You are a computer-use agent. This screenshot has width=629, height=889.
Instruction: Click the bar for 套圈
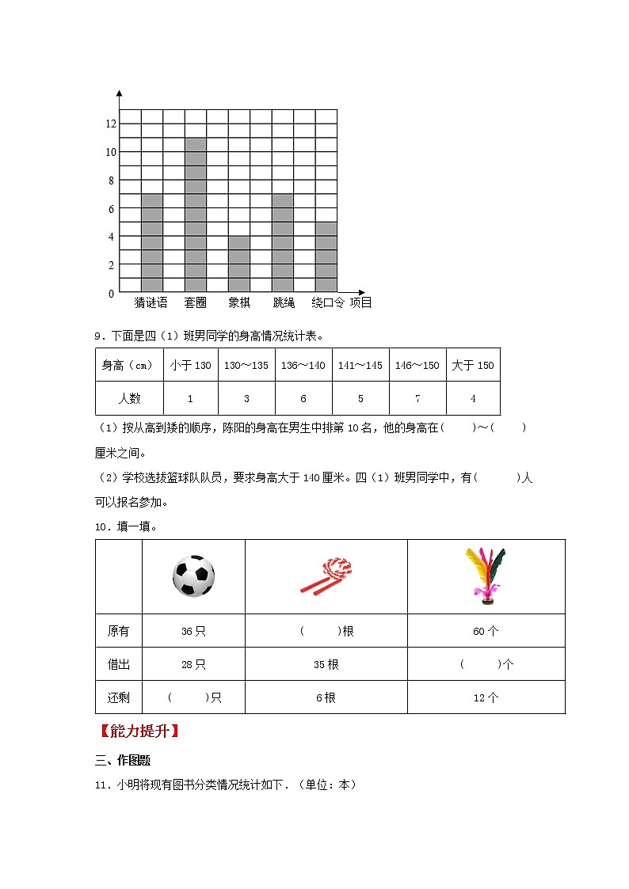196,215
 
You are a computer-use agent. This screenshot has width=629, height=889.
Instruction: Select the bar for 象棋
239,264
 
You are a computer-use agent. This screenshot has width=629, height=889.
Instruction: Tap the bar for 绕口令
326,256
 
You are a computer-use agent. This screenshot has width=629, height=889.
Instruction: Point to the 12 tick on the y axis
111,123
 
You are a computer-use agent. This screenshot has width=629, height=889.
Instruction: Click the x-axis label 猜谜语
151,302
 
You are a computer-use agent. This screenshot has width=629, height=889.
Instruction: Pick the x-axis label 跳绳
284,302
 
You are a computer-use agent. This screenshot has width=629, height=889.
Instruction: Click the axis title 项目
360,302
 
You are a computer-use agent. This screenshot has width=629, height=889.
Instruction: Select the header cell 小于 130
190,365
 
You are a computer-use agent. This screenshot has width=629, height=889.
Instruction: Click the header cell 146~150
417,365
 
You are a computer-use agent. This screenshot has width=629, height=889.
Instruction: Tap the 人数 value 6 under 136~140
303,398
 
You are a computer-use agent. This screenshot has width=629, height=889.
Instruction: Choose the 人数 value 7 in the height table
417,398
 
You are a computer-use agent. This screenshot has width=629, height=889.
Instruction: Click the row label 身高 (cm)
129,365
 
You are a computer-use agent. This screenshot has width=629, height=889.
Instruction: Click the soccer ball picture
193,576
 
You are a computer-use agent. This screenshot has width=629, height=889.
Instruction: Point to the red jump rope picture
326,576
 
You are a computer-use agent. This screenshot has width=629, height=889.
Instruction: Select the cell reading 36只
193,631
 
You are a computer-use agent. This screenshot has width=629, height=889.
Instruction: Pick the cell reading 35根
326,664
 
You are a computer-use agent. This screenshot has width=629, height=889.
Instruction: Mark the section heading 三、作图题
122,760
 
